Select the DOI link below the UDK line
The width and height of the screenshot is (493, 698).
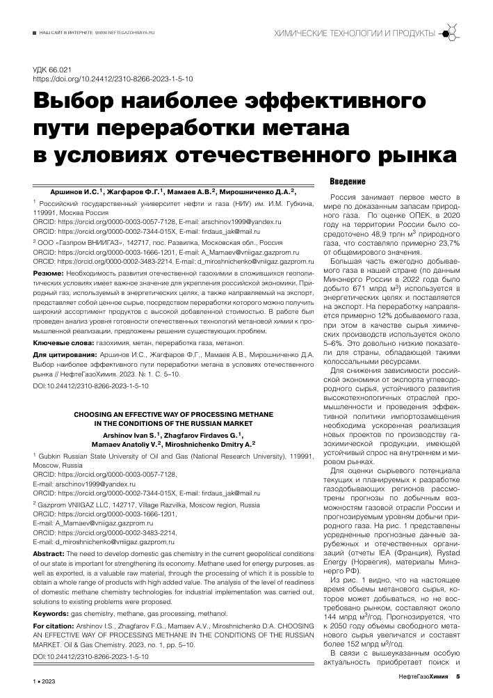[x=113, y=80]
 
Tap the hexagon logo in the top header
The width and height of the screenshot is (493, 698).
[x=450, y=33]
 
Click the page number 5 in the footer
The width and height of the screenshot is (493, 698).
[x=458, y=676]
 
